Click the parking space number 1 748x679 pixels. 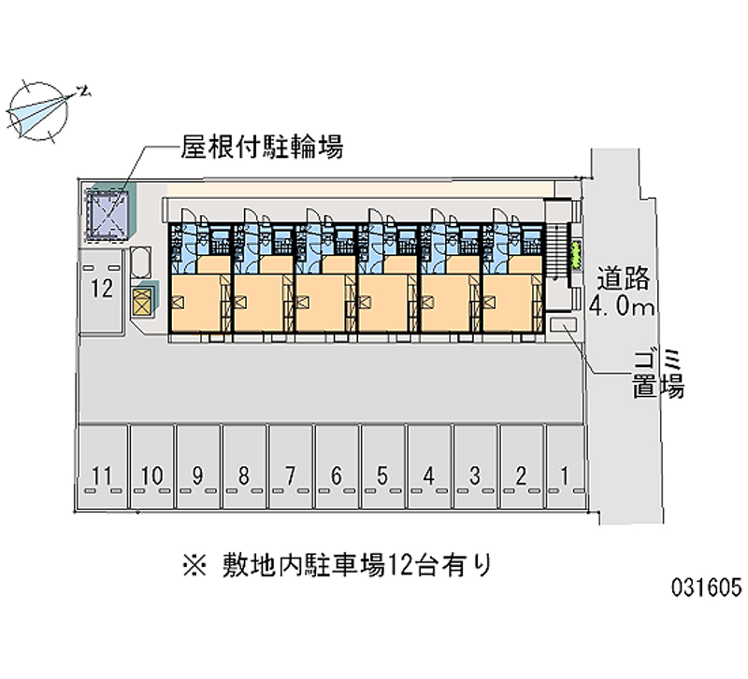564,475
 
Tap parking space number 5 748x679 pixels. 381,476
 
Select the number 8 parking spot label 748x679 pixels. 243,476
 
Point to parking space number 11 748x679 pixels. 105,476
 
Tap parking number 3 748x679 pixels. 474,476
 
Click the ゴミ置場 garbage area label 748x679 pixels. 658,371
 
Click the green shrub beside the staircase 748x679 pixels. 576,250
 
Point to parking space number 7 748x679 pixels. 290,476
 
